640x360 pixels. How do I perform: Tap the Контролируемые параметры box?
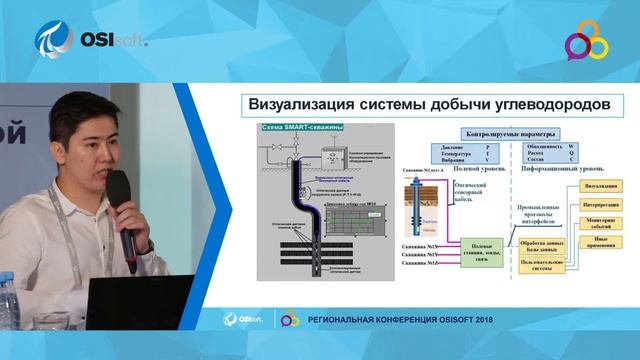click(x=509, y=133)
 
